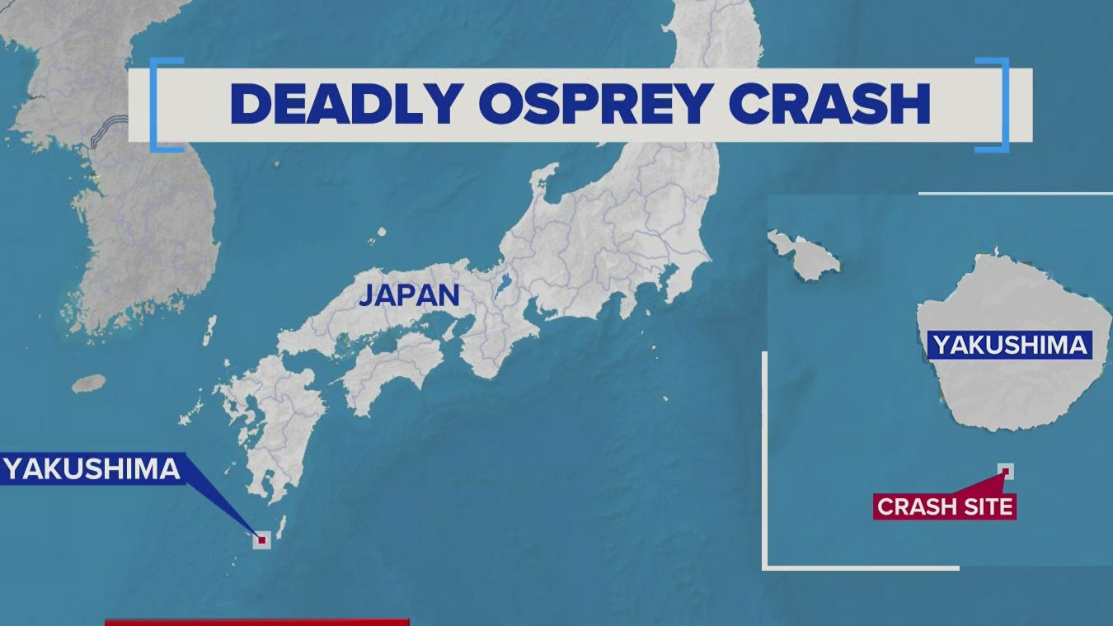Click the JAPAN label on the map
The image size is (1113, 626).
click(409, 294)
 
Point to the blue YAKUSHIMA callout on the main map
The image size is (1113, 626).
click(91, 469)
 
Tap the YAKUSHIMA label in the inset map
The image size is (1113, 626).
click(1010, 345)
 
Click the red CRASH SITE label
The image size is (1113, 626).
click(945, 506)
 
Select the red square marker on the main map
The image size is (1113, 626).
click(262, 540)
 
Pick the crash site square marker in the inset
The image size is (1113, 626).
click(1005, 471)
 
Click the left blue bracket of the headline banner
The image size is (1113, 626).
click(157, 105)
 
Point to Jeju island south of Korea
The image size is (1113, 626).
click(89, 384)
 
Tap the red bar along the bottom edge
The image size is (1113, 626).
click(256, 622)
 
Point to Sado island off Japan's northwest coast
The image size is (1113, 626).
click(543, 177)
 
